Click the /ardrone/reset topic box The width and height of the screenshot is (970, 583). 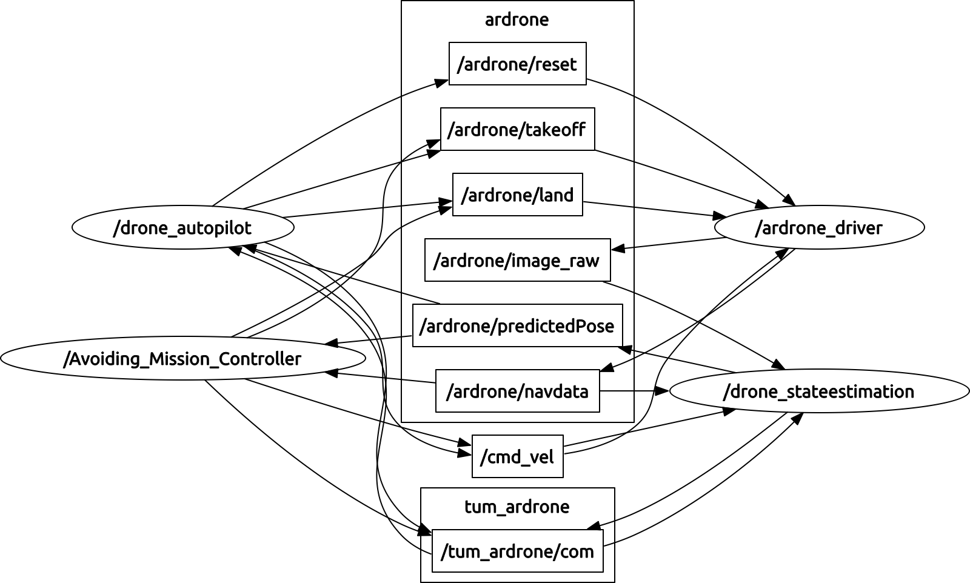pyautogui.click(x=518, y=64)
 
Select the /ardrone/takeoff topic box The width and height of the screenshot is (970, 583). pyautogui.click(x=518, y=129)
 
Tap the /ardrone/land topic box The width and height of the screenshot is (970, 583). pyautogui.click(x=518, y=195)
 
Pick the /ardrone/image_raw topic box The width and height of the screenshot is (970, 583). pyautogui.click(x=518, y=260)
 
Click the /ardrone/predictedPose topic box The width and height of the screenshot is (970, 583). pyautogui.click(x=518, y=325)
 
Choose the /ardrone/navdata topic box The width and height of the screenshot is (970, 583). pyautogui.click(x=518, y=391)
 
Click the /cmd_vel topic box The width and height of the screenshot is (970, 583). pyautogui.click(x=518, y=456)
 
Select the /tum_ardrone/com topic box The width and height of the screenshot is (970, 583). pyautogui.click(x=518, y=551)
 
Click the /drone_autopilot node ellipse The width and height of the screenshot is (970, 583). pyautogui.click(x=182, y=227)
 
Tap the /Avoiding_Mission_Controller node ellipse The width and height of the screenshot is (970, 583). pyautogui.click(x=182, y=358)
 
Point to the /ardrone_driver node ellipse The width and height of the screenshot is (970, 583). pyautogui.click(x=819, y=227)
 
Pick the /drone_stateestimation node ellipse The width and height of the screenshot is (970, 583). pyautogui.click(x=819, y=391)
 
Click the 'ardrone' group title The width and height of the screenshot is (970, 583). pyautogui.click(x=517, y=19)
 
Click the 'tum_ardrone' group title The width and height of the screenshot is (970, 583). pyautogui.click(x=517, y=507)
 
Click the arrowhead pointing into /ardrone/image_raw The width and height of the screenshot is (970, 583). pyautogui.click(x=618, y=248)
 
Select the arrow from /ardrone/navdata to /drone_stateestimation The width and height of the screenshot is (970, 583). pyautogui.click(x=634, y=391)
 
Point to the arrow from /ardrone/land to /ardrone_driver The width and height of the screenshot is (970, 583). pyautogui.click(x=655, y=209)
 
